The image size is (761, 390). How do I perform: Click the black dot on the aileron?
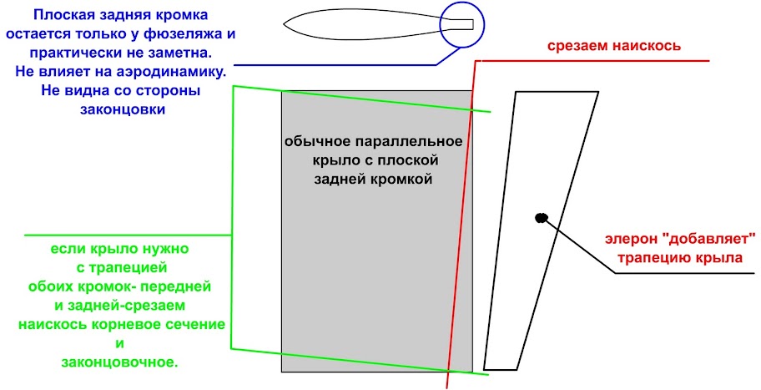pyautogui.click(x=541, y=218)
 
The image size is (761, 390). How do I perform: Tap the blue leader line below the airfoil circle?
pyautogui.click(x=334, y=63)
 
